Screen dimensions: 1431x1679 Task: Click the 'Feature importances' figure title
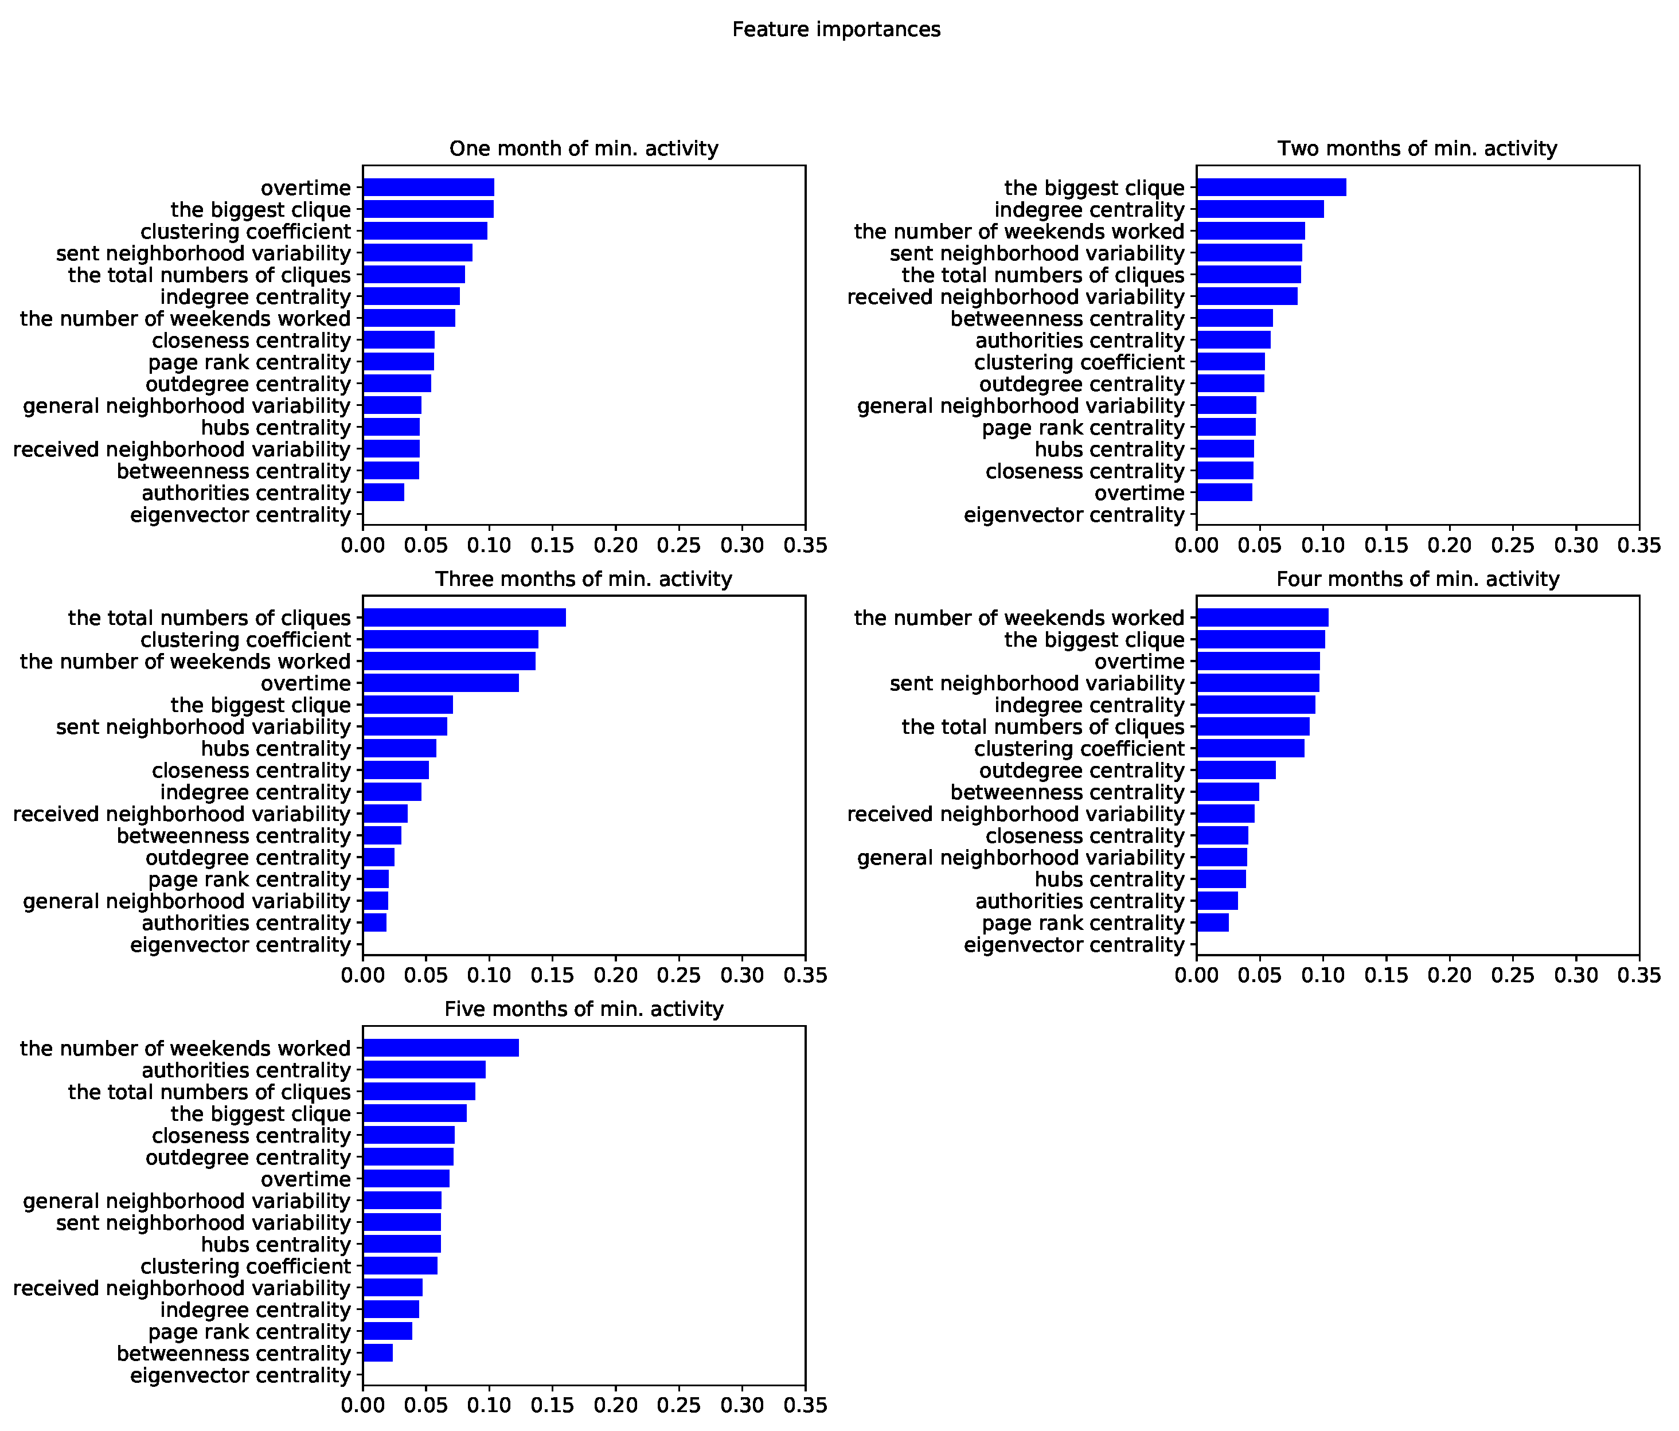pos(836,30)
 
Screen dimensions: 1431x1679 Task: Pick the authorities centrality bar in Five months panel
pos(424,1070)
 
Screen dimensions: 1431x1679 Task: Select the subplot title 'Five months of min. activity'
pos(583,1010)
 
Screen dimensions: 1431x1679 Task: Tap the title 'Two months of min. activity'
pos(1418,149)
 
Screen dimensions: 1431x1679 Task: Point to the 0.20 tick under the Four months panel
pos(1450,976)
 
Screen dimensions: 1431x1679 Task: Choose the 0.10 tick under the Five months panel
pos(490,1406)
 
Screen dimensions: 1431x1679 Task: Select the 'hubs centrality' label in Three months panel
pos(275,749)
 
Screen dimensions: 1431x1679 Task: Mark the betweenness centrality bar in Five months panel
pos(378,1353)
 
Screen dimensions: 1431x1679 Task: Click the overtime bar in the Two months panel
pos(1224,492)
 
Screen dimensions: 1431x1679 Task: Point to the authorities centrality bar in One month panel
pos(383,492)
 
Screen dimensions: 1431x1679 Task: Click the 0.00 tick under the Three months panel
pos(363,976)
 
